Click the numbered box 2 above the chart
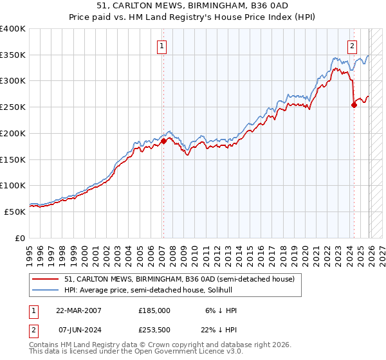pos(353,46)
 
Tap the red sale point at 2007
pos(163,141)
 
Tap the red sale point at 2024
pos(354,105)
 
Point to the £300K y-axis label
pos(13,81)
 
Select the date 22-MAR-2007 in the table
pos(78,310)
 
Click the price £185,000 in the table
pos(154,310)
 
